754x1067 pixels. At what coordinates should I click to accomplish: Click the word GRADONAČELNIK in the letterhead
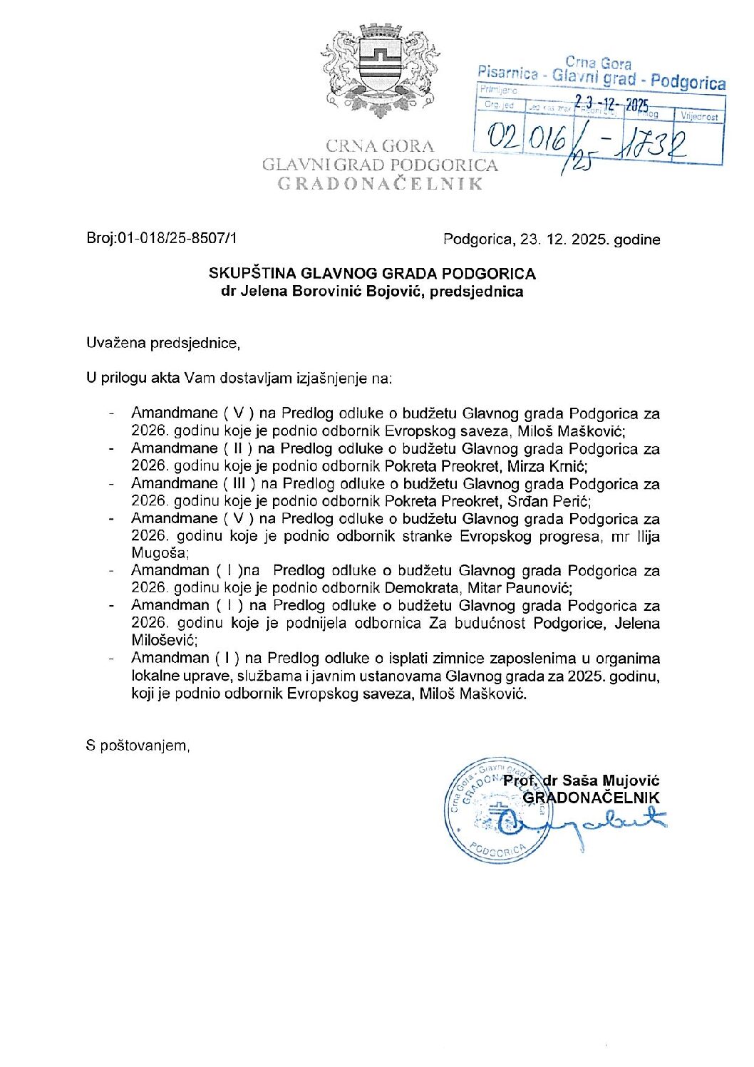(380, 184)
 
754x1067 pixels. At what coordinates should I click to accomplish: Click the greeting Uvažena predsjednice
(162, 343)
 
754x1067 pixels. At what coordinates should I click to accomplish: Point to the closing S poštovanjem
(138, 746)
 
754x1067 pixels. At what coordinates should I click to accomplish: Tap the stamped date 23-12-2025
(611, 105)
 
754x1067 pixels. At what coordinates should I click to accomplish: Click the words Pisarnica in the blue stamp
(508, 73)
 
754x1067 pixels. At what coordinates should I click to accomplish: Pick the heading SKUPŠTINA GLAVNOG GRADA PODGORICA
(372, 274)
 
